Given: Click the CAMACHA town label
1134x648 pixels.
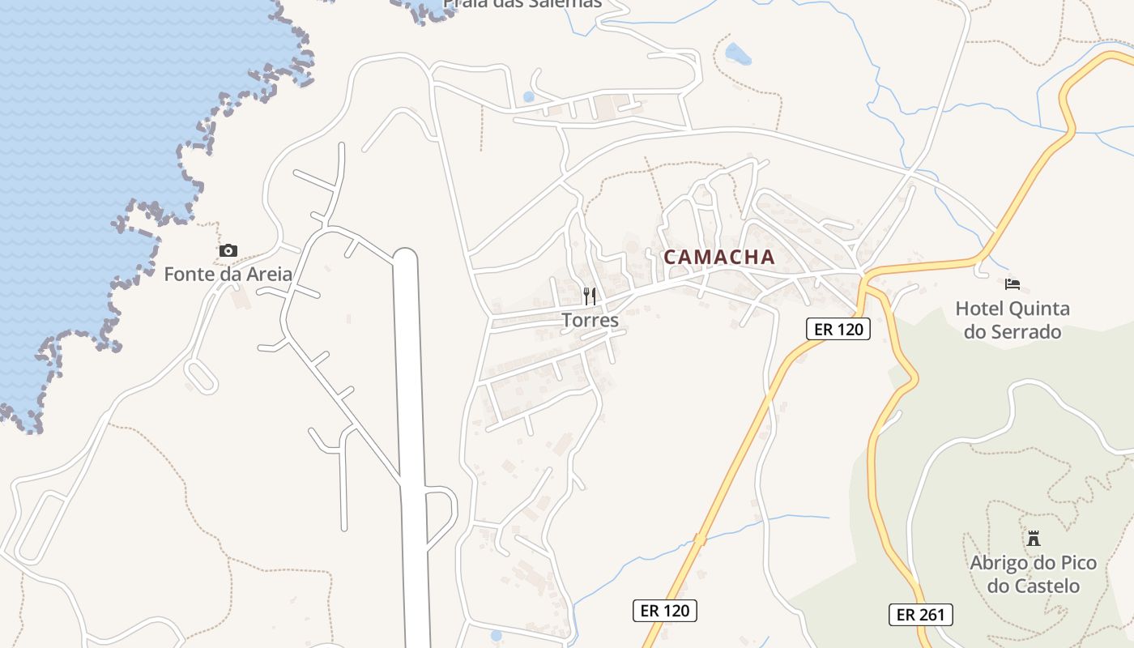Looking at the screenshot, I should (718, 258).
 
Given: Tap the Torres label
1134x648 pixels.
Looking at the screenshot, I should (590, 321).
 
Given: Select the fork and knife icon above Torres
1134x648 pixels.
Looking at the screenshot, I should (590, 296).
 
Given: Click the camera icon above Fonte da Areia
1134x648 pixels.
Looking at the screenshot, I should (228, 251).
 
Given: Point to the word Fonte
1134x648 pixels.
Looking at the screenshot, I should (188, 275).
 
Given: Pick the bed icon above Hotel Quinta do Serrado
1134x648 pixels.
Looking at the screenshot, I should (1013, 284).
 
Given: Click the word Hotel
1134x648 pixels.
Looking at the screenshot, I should (979, 309).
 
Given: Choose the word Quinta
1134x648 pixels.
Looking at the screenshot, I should (1039, 309).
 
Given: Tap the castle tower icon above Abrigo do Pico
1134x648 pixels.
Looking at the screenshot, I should (1033, 538).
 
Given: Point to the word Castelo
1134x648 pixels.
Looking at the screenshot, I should (1045, 586).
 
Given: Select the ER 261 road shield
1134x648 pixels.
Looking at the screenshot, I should (920, 615).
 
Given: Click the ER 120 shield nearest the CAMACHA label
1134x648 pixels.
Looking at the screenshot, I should (838, 329).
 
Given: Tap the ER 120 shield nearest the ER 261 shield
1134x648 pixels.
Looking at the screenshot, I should (664, 611).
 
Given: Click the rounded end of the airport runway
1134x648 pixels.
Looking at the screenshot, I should (405, 257).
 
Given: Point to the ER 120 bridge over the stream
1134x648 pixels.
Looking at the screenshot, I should (699, 539).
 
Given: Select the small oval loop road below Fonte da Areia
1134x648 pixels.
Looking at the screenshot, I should (201, 377).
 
